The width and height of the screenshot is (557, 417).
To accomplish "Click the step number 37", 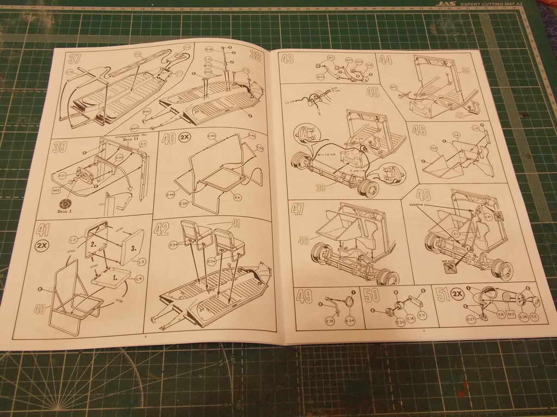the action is (75, 58).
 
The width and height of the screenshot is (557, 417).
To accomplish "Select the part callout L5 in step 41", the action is (141, 262).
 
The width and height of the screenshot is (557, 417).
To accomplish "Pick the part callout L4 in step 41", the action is (139, 279).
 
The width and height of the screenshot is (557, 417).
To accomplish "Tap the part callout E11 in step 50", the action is (422, 315).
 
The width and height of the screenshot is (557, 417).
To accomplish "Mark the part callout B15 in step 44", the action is (393, 87).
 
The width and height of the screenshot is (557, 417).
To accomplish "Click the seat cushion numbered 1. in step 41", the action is (113, 277).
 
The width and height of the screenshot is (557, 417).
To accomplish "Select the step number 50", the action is (372, 295).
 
